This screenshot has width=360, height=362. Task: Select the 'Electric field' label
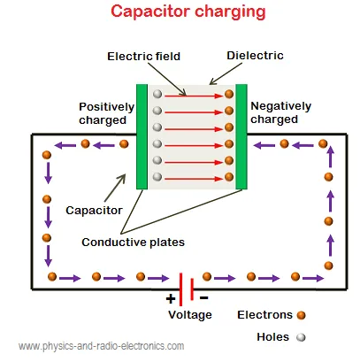tap(144, 56)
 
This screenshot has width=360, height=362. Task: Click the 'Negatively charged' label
tap(280, 112)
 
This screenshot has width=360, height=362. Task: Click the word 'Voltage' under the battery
tap(189, 314)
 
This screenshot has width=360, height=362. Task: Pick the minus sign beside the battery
tap(203, 297)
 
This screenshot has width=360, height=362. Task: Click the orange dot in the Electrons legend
tap(303, 314)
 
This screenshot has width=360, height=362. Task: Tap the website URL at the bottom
tap(102, 346)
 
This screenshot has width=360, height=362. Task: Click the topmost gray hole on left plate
tap(157, 93)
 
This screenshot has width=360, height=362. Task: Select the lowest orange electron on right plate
tap(228, 177)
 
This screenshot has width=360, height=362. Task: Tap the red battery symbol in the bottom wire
tap(187, 285)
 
